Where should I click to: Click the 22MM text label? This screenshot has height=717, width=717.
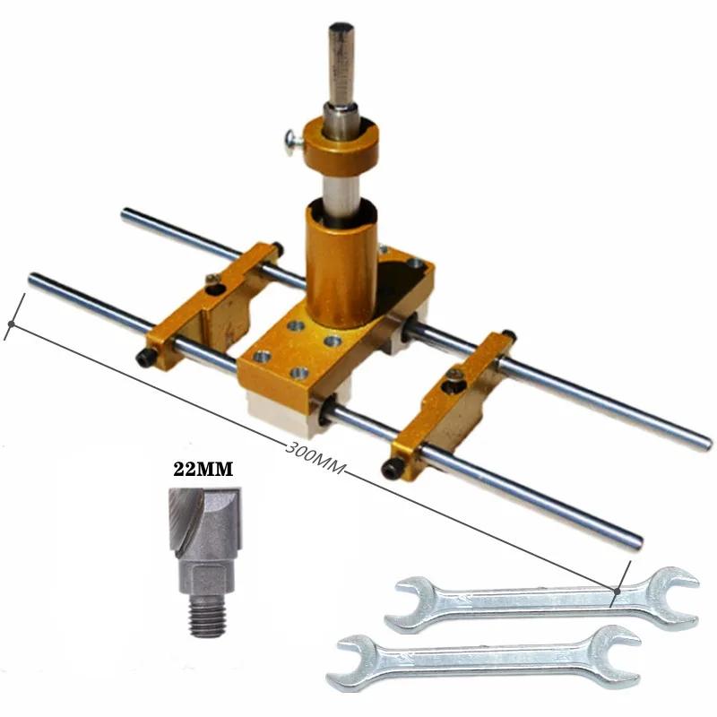pyautogui.click(x=203, y=469)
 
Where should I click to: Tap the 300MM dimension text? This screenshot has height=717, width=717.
pyautogui.click(x=315, y=458)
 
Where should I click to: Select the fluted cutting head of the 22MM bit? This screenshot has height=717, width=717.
pyautogui.click(x=205, y=523)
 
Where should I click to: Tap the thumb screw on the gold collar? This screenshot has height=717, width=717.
pyautogui.click(x=293, y=139)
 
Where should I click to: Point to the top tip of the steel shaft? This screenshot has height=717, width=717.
pyautogui.click(x=341, y=27)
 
